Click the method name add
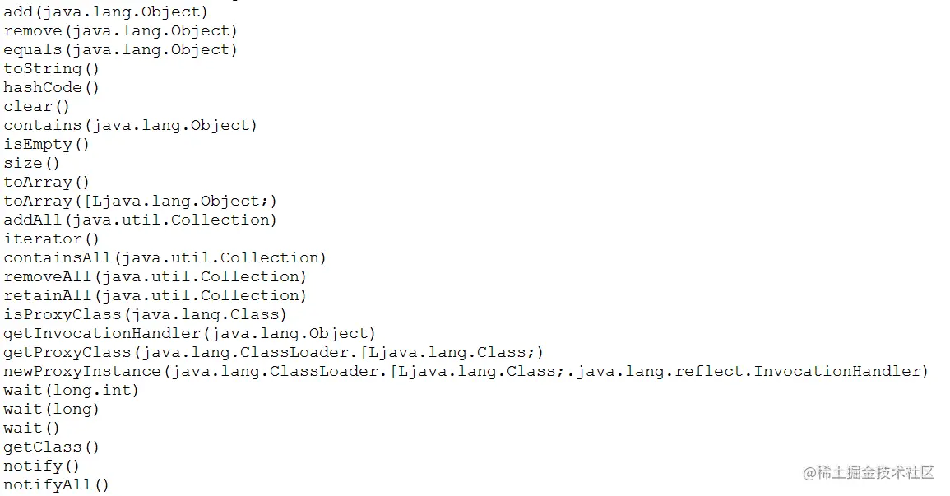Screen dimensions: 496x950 (18, 12)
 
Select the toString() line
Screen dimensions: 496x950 (51, 68)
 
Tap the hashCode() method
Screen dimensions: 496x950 (51, 87)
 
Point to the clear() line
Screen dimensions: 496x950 (37, 106)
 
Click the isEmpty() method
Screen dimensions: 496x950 (46, 144)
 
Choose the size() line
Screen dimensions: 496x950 (32, 163)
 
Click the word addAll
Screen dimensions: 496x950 (32, 220)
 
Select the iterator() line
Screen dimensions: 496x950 (51, 239)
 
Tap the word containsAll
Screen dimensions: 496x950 (56, 257)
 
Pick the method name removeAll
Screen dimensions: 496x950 (47, 276)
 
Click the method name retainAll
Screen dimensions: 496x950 (47, 295)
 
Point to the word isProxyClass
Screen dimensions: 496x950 (61, 314)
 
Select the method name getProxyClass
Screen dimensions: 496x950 (66, 352)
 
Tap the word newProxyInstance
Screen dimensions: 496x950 (80, 371)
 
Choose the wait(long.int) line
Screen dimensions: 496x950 (71, 390)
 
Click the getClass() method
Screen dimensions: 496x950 (51, 447)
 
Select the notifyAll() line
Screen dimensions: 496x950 (56, 484)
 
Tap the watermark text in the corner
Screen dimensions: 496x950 (869, 472)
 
